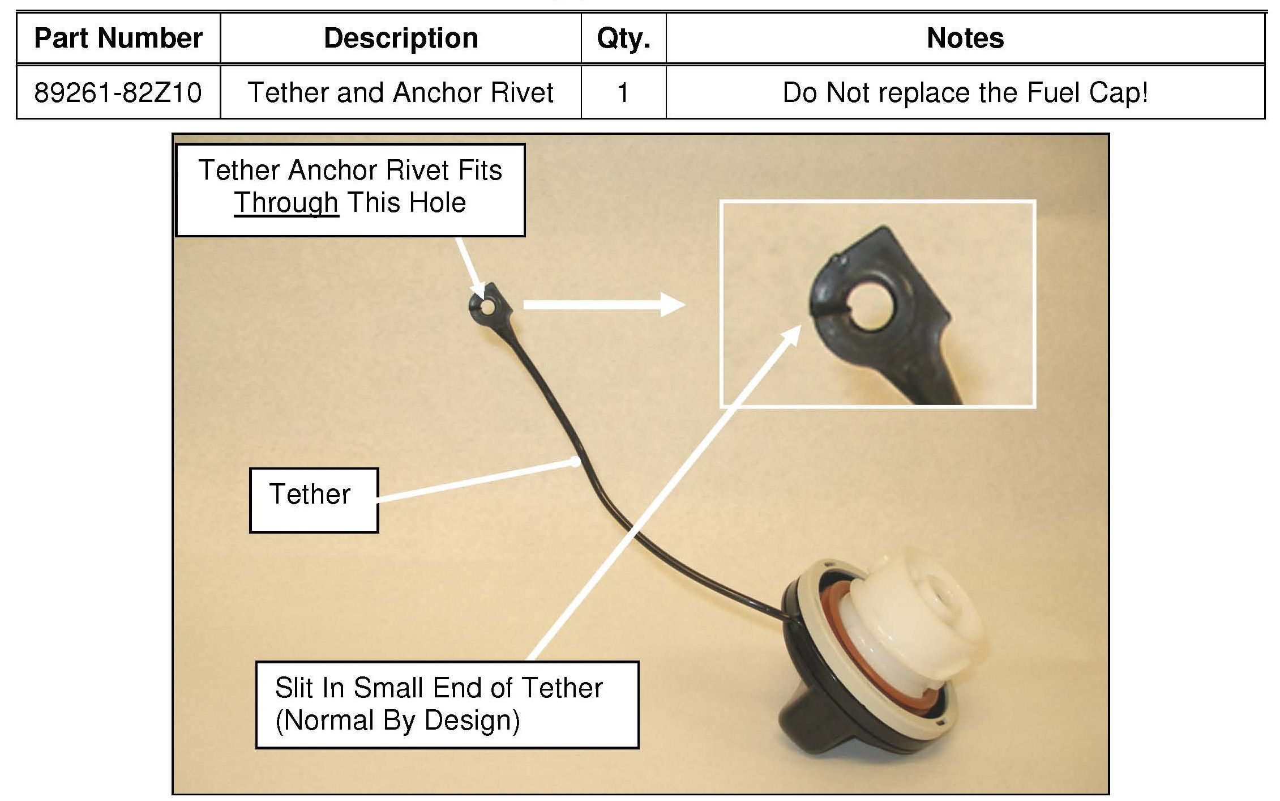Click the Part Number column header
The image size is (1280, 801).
118,39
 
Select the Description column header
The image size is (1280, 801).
401,39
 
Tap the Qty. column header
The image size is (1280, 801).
623,39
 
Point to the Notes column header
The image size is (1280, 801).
965,39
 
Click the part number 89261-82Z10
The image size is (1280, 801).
118,92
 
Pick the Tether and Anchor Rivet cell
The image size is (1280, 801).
401,92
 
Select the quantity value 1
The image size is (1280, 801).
623,92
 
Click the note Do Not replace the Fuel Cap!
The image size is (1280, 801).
965,92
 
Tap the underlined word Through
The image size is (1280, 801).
286,203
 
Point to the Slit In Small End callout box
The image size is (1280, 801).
447,704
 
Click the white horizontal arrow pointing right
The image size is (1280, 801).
603,305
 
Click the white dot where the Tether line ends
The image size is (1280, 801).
575,462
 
